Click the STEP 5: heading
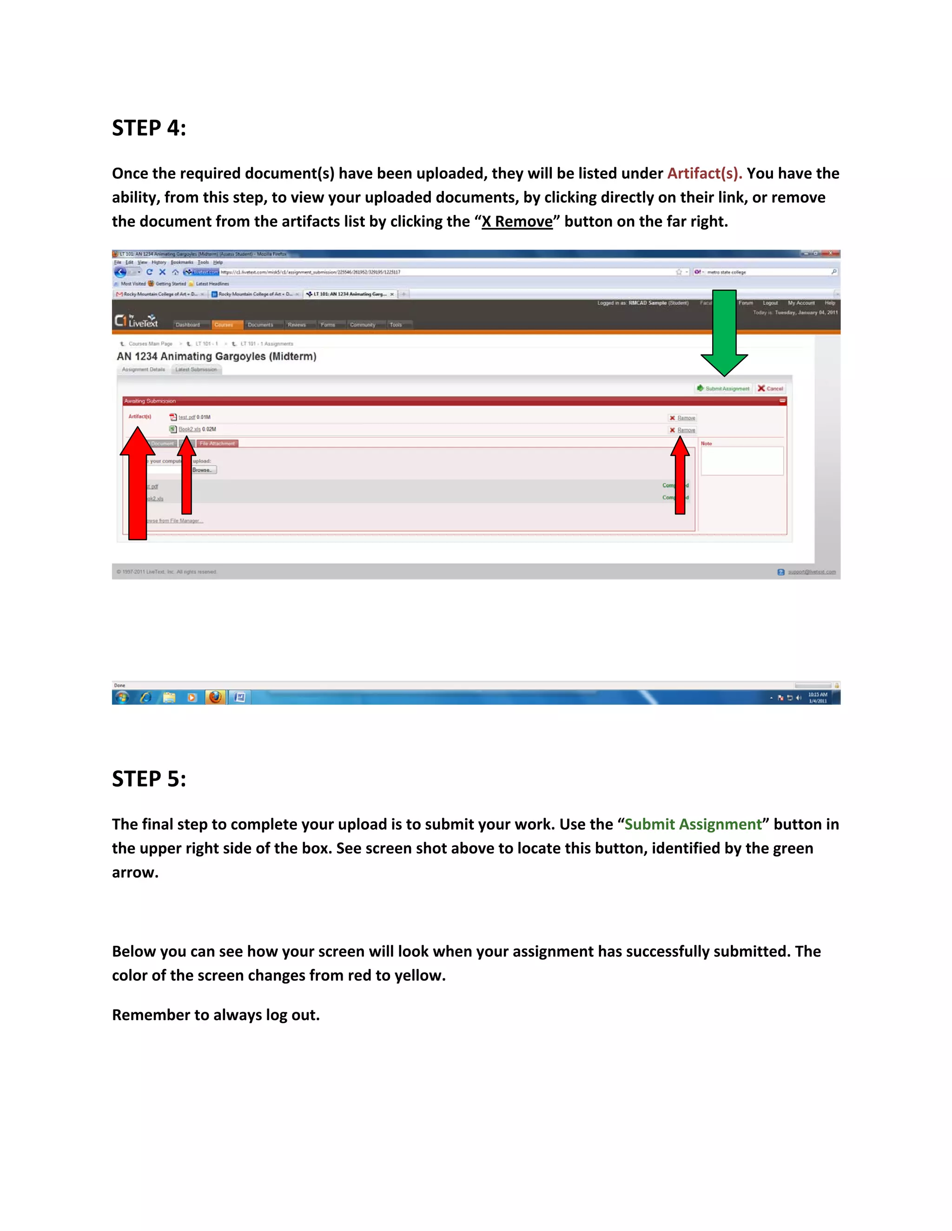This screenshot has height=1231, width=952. click(149, 779)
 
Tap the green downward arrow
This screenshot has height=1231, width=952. click(724, 333)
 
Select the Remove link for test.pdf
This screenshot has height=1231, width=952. click(686, 418)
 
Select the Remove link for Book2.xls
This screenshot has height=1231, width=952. click(686, 430)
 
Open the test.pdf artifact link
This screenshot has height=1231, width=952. click(187, 417)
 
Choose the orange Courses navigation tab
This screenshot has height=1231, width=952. click(224, 325)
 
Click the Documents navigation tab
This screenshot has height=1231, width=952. click(260, 325)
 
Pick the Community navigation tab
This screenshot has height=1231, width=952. click(362, 325)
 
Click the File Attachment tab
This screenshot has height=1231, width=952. click(217, 444)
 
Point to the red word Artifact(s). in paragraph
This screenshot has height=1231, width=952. click(704, 174)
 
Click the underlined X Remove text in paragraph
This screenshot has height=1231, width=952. click(516, 222)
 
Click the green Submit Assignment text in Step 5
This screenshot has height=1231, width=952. click(693, 825)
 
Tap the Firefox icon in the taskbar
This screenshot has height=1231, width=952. click(215, 697)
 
